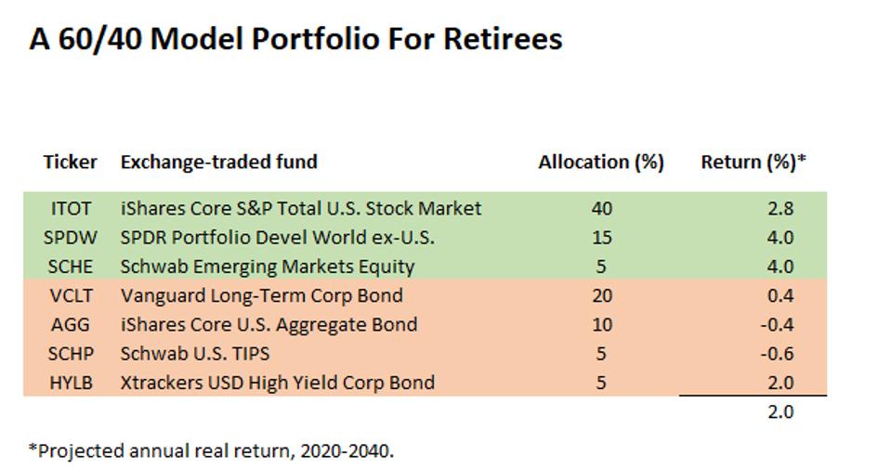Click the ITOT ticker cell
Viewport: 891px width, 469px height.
pos(69,208)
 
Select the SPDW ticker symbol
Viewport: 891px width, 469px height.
pos(69,237)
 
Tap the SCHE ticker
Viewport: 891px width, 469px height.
pos(69,267)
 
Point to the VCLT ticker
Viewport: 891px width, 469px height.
pos(69,295)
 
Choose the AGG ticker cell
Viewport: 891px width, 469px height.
pos(69,324)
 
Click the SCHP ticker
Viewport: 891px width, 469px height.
pos(69,353)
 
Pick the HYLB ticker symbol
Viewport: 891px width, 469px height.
pos(69,382)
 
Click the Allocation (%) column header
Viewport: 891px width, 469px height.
pos(600,162)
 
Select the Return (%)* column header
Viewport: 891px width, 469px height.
pos(753,162)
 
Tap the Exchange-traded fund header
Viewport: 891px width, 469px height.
pos(218,162)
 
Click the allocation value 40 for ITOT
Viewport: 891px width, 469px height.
pos(601,208)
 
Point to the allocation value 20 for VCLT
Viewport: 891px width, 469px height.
pos(601,295)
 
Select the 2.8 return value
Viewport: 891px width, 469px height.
pos(780,208)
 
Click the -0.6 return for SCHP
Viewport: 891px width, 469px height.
pos(778,353)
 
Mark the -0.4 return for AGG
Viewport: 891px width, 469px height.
pos(778,324)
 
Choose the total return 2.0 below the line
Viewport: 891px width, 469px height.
pos(780,411)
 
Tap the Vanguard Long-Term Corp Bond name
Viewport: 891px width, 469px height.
pos(261,295)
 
